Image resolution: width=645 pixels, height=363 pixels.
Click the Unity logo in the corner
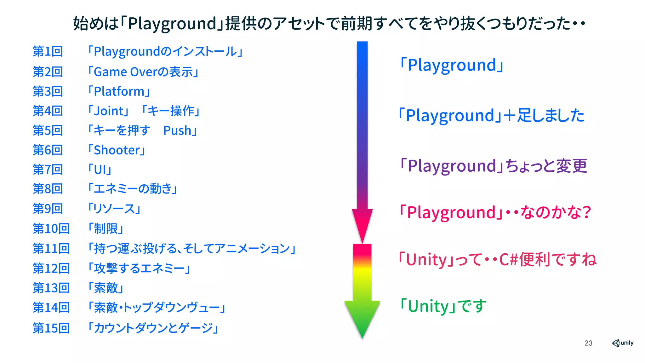[622, 343]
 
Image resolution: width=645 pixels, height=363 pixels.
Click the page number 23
[588, 343]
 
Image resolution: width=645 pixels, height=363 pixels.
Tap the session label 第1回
[48, 51]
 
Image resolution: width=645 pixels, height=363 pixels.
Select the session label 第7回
[48, 170]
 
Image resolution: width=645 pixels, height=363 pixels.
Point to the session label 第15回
[51, 328]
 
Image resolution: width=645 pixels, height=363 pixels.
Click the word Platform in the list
[119, 91]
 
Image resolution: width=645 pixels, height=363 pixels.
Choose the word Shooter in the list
[117, 150]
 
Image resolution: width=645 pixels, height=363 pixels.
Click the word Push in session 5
[177, 130]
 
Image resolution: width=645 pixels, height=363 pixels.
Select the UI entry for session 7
[100, 170]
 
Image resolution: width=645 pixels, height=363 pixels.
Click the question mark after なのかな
[586, 212]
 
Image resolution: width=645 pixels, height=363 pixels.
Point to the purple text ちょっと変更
[546, 166]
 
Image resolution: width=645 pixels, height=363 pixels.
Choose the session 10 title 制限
[106, 228]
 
